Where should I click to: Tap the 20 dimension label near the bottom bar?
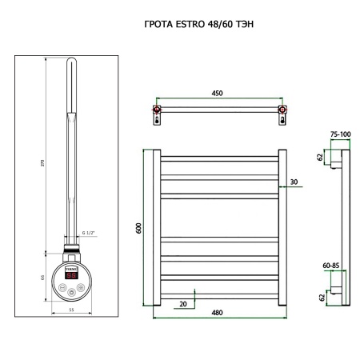coord(184,303)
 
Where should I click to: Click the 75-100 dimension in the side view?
coord(339,135)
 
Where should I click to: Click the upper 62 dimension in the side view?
coord(321,158)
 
